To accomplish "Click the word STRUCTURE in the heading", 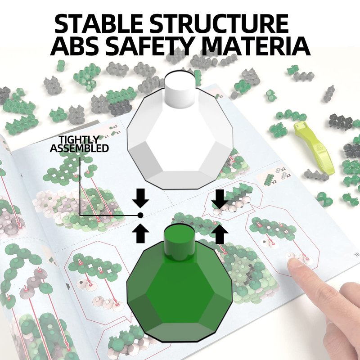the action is coord(220,23).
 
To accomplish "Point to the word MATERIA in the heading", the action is coord(256,46).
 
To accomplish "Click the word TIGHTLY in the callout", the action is coord(79,139).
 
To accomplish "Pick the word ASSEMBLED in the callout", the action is coord(79,148).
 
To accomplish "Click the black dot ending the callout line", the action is coord(140,216).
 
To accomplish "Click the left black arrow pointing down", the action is coord(140,198).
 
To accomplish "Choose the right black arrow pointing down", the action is coord(220,199).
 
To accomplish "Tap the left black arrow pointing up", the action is coord(140,234).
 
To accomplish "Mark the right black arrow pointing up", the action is coord(220,234).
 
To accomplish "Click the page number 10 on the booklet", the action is coord(357,254).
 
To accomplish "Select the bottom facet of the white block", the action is coord(180,180).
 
